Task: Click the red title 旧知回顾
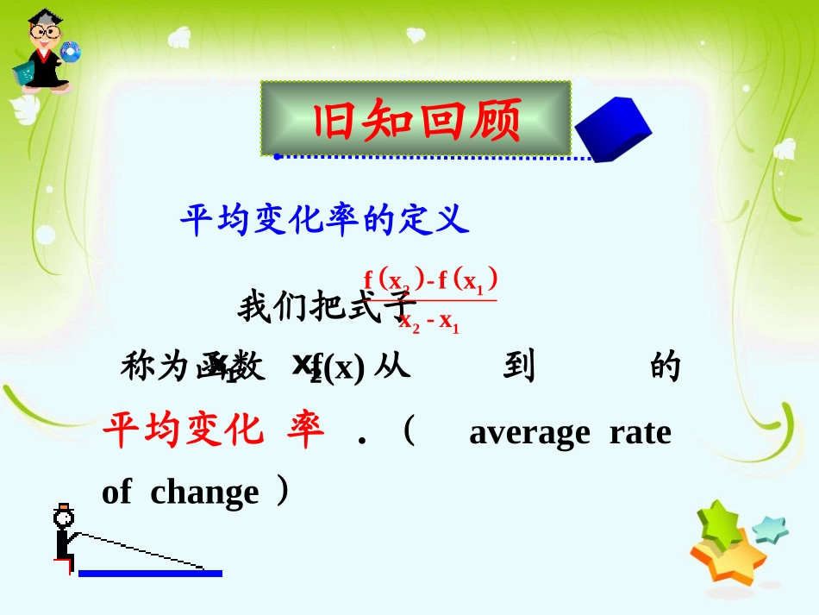pos(416,120)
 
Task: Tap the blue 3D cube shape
pos(612,129)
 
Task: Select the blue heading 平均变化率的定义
pos(324,221)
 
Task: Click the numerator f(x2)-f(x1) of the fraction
pos(430,280)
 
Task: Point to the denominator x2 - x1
pos(428,321)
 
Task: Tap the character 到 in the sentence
pos(520,366)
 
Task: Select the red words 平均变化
pos(182,429)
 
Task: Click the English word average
pos(529,432)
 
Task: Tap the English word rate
pos(640,432)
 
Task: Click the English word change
pos(204,493)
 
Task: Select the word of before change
pos(116,493)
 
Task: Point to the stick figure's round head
pos(63,518)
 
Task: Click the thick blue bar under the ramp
pos(150,574)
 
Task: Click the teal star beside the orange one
pos(770,528)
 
